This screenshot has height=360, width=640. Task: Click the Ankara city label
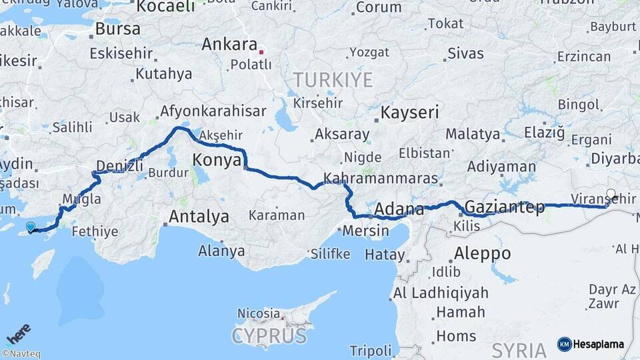229,45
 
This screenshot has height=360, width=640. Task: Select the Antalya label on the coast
199,217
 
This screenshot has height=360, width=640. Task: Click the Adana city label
399,209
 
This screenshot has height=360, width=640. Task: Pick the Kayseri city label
410,112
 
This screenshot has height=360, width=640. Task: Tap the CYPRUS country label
269,335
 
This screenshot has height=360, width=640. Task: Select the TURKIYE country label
333,81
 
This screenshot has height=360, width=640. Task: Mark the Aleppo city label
482,254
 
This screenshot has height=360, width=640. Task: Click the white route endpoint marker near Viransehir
611,194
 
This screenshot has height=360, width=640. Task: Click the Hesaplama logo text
598,345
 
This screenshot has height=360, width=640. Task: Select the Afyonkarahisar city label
213,111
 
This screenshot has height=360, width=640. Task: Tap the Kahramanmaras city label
381,179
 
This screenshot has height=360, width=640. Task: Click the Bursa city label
118,29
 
